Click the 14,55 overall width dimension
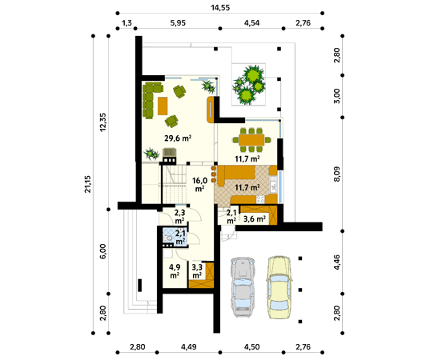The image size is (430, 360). pos(220,7)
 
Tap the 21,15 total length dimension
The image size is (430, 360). pos(87,184)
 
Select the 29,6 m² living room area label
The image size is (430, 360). pos(178,138)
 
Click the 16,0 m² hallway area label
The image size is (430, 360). pos(199,184)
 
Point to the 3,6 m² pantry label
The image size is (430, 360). pos(255,218)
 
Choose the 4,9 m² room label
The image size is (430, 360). pos(175,271)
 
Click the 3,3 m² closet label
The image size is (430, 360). pos(197,271)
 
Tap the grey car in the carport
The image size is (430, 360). pos(243,287)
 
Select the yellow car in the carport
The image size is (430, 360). pos(279,287)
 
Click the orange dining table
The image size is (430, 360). pos(251,140)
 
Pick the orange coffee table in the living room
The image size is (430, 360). pos(163,106)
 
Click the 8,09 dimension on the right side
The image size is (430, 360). pos(337,174)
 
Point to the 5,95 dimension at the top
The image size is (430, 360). pos(178,23)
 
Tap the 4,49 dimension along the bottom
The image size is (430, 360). pos(189,347)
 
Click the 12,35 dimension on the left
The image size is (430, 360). pos(102,122)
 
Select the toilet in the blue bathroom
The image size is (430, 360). pos(168,238)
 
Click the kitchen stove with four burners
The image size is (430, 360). pos(260,199)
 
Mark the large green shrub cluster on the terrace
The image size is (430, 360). pos(249,84)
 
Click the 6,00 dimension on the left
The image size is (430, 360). pos(102,251)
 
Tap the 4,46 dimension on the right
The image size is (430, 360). pos(337,262)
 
